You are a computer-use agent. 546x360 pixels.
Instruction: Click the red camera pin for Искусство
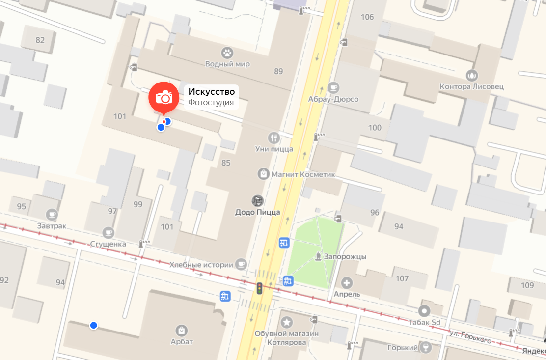[x=164, y=97]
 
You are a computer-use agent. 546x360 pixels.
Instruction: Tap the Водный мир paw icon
[x=227, y=52]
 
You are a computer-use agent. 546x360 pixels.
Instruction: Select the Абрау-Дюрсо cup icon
[x=333, y=87]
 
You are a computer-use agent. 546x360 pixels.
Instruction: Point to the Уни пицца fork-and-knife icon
[x=274, y=138]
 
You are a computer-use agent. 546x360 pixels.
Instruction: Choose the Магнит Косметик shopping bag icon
[x=264, y=174]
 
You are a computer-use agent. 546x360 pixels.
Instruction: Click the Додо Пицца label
[x=257, y=212]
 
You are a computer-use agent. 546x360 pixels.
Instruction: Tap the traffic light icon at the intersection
[x=259, y=288]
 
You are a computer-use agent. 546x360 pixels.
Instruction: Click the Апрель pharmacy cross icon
[x=347, y=283]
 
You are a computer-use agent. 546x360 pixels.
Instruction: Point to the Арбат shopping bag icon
[x=182, y=330]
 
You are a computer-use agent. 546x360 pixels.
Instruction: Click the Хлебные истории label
[x=201, y=265]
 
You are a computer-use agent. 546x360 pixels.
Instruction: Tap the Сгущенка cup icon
[x=109, y=232]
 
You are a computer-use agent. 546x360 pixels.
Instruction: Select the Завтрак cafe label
[x=52, y=226]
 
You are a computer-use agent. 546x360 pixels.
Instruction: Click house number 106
[x=367, y=17]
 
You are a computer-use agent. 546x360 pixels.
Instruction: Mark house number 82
[x=40, y=40]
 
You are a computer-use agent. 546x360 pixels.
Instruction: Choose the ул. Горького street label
[x=470, y=337]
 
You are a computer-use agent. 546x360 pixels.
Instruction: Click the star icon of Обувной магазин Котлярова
[x=287, y=323]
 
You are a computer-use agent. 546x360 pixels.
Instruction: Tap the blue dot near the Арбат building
[x=93, y=325]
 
